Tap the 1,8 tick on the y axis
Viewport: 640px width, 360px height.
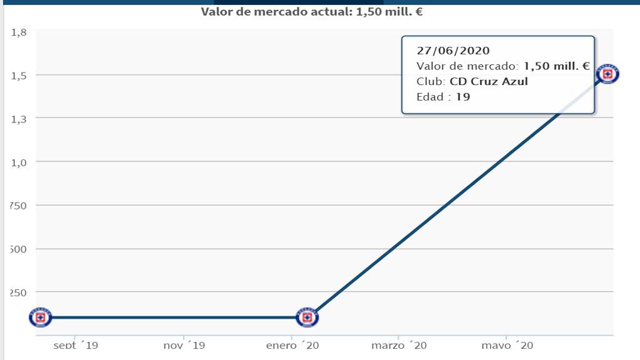point(18,32)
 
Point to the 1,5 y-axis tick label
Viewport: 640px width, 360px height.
point(18,76)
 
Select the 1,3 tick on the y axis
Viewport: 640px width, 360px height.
point(18,119)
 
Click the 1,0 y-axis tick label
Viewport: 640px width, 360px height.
point(18,162)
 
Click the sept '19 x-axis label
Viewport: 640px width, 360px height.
point(76,345)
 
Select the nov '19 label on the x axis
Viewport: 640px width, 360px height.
point(184,345)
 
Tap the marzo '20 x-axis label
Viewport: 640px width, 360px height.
point(399,345)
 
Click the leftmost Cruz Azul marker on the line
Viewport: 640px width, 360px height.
point(41,317)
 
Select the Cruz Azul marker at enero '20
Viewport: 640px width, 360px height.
point(307,317)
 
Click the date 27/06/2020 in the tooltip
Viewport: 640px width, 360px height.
point(453,51)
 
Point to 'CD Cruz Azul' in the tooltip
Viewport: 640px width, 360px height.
point(489,81)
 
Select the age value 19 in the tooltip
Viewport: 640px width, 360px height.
point(463,97)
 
